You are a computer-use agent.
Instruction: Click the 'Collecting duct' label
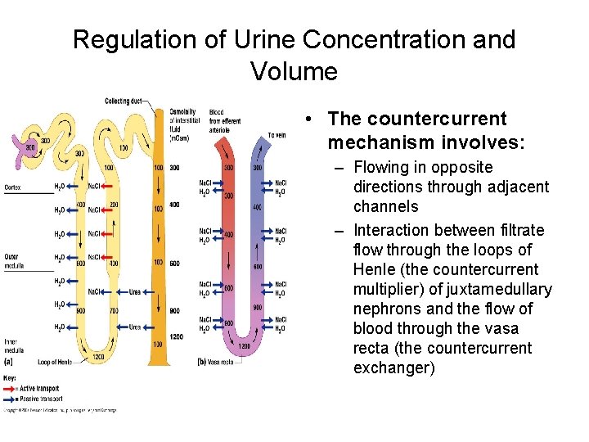123,101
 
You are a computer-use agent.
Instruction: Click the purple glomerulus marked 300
30,149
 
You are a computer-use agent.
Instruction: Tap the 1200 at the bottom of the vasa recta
243,346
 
